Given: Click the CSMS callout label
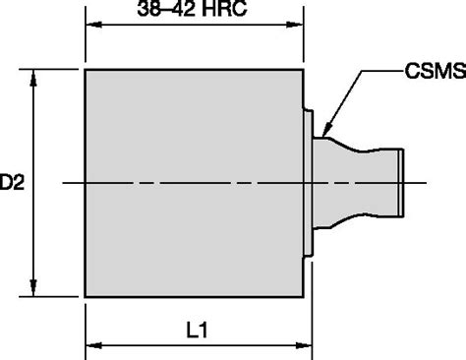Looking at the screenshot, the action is click(436, 71).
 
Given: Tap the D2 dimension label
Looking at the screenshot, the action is click(12, 182).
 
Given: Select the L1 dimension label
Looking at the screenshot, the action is click(197, 330).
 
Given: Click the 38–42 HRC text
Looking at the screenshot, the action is click(192, 9).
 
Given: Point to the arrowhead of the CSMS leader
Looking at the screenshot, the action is click(326, 131).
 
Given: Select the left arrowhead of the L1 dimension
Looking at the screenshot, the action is click(93, 345).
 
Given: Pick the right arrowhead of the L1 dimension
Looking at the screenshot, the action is click(304, 345).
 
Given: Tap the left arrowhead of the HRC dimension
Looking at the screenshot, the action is click(93, 25).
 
